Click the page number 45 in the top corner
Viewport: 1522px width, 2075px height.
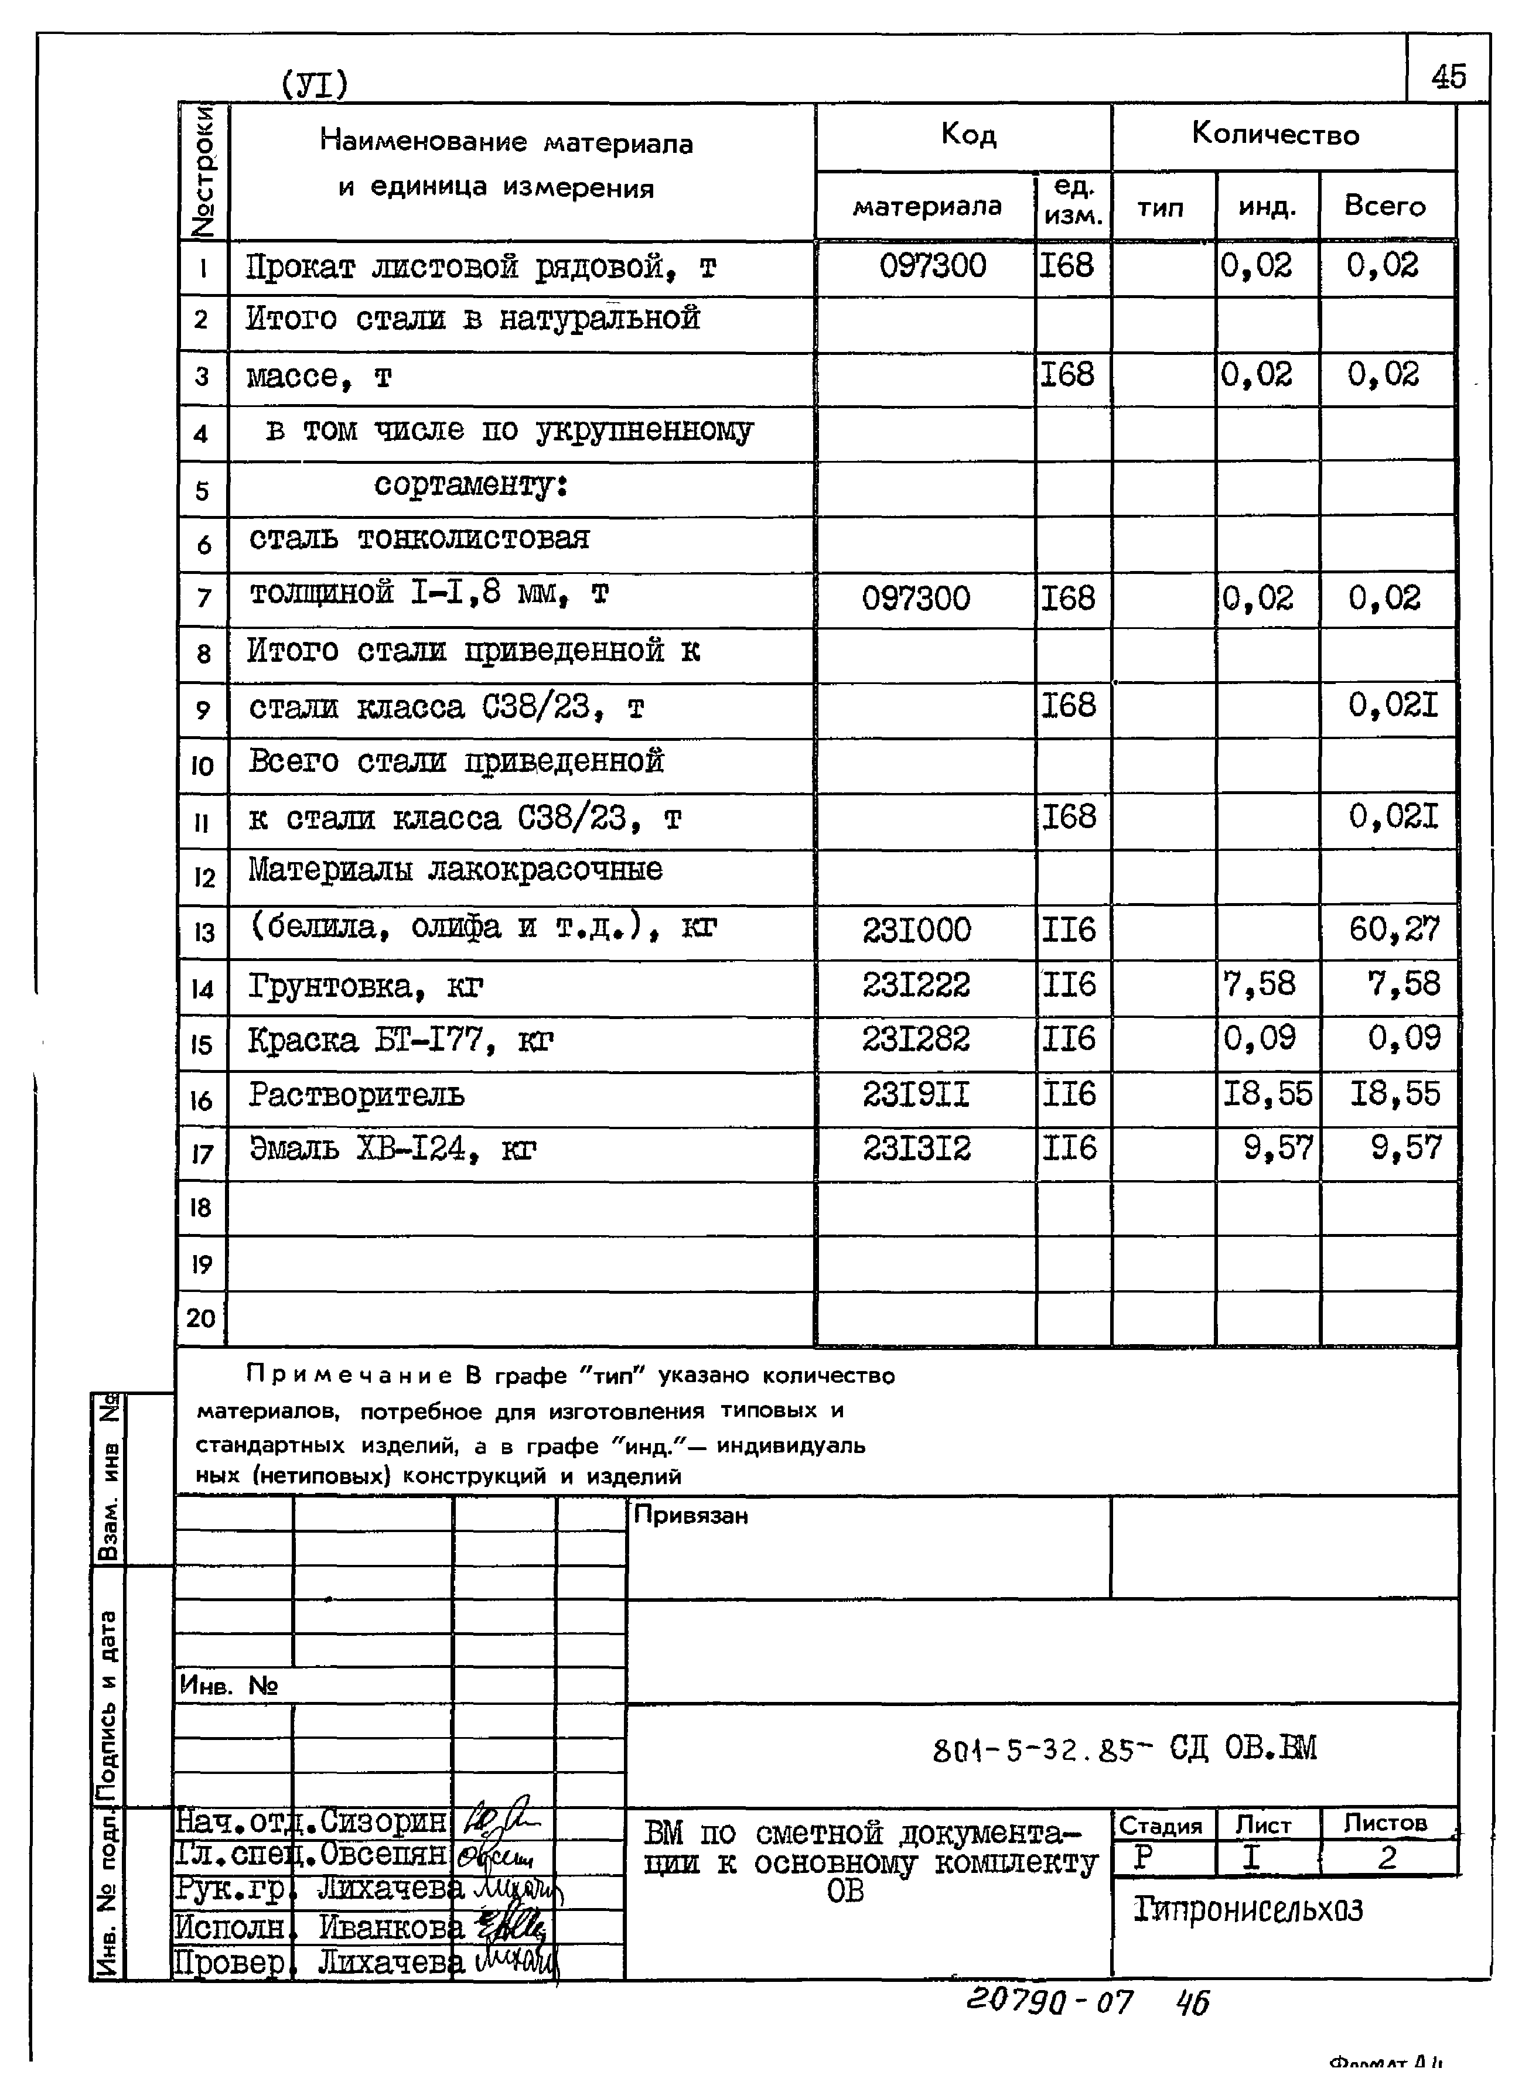[x=1448, y=76]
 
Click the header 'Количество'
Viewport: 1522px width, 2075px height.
[x=1275, y=135]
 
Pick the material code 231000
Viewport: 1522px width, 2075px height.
[x=917, y=929]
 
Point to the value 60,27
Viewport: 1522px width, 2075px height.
[x=1393, y=928]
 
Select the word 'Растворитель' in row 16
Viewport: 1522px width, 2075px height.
[x=357, y=1095]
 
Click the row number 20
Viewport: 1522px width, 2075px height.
[x=201, y=1318]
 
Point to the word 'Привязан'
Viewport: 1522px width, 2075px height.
[x=690, y=1515]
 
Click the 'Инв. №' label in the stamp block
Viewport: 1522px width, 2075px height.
[x=228, y=1686]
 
